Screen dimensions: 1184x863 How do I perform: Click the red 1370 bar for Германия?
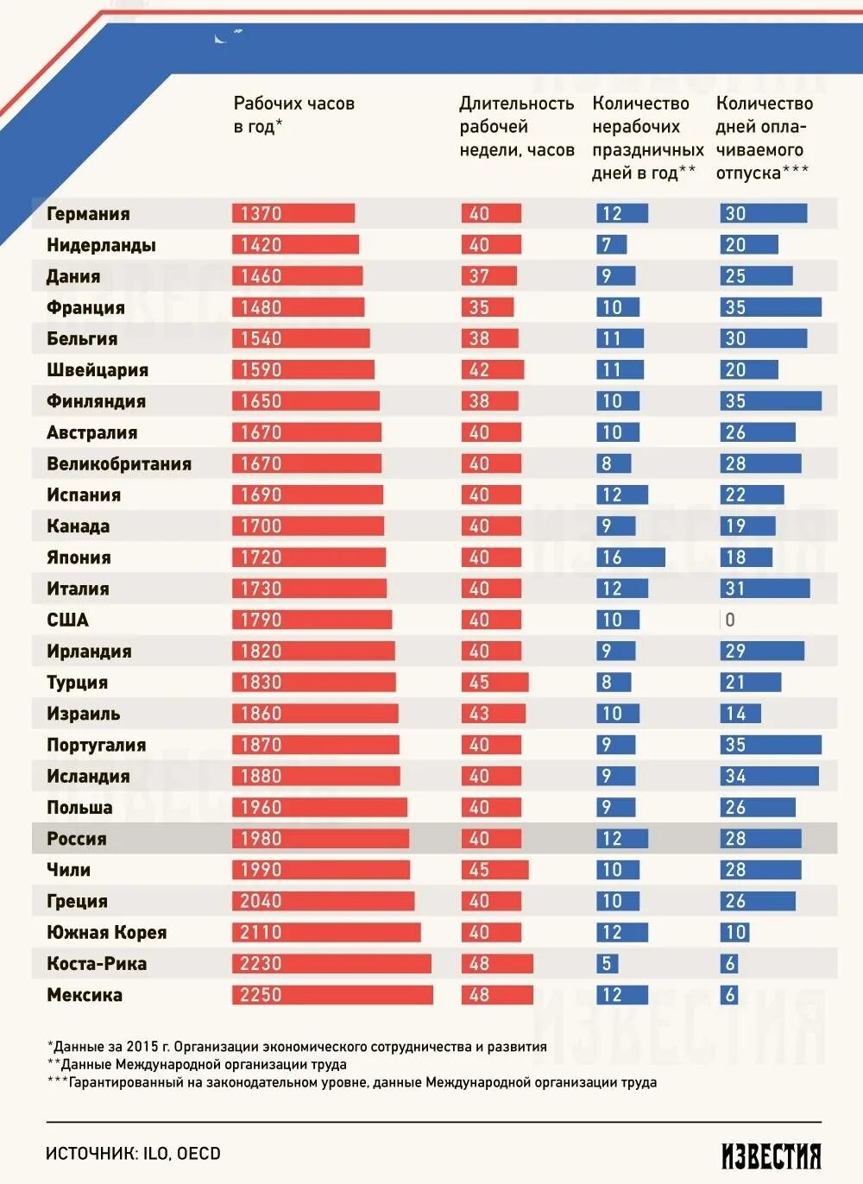293,213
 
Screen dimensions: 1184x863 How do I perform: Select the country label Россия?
77,839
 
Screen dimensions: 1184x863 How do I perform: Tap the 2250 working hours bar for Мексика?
332,995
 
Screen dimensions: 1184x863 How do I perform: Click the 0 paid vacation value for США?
730,620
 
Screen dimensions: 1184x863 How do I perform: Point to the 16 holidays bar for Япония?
630,557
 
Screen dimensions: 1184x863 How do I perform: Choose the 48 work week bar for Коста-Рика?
496,964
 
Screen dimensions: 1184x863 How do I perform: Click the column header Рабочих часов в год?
293,115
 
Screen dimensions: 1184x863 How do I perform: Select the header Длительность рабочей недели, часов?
516,126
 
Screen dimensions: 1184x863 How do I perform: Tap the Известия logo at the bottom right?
771,1156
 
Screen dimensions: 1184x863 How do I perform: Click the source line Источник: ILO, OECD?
133,1154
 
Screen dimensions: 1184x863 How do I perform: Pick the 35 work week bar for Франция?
487,307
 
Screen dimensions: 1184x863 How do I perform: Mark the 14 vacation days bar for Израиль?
740,714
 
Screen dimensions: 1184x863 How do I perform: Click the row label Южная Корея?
106,933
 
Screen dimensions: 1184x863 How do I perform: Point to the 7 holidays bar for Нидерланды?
611,245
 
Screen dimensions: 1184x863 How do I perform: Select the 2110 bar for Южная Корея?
326,933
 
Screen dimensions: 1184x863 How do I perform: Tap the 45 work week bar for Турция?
494,683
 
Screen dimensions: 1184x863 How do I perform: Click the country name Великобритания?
119,464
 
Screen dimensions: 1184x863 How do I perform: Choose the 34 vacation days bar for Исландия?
769,777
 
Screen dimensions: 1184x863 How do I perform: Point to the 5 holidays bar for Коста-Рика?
607,964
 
